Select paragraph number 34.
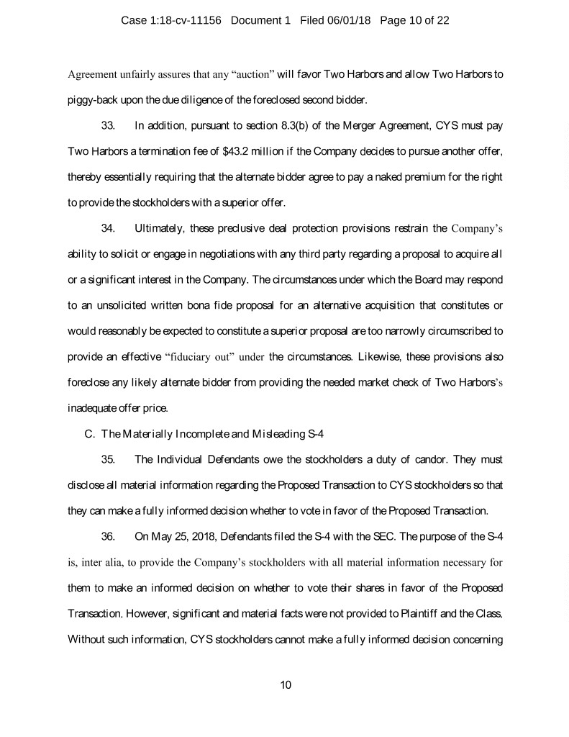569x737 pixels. (x=109, y=230)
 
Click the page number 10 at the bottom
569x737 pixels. (x=285, y=684)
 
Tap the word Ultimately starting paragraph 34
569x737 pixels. (x=161, y=230)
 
